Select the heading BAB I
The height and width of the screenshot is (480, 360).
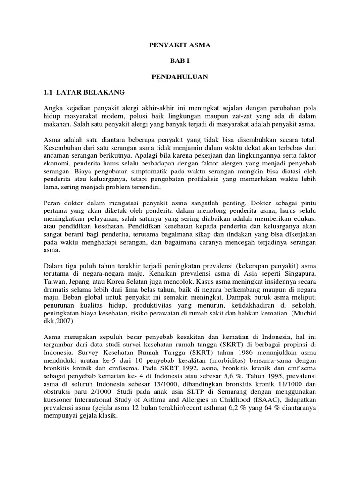tap(180, 60)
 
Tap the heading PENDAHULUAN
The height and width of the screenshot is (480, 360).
tap(180, 75)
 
